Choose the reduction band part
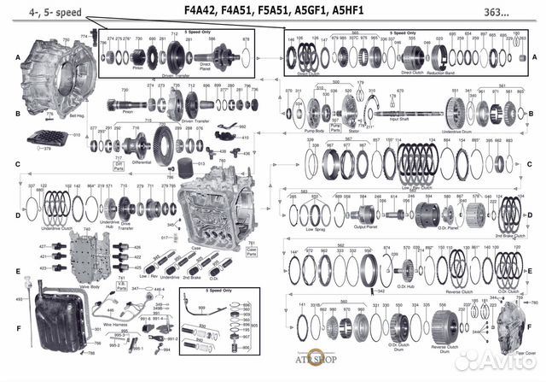(440, 58)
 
